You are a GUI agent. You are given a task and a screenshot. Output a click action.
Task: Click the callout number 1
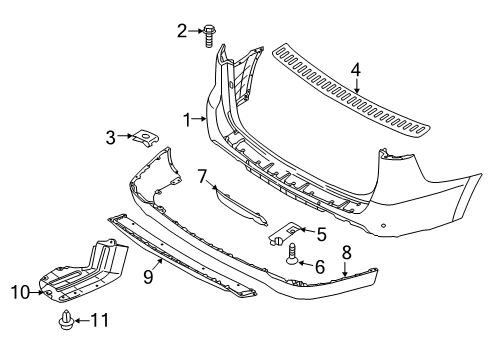(x=188, y=120)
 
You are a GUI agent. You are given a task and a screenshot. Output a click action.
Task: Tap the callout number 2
(x=182, y=31)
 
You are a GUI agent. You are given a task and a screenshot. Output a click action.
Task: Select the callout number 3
(x=111, y=137)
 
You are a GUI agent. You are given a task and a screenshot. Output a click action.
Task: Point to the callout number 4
(x=356, y=70)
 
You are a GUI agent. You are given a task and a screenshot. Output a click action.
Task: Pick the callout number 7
(x=203, y=176)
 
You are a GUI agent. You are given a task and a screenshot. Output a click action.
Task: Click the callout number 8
(x=347, y=252)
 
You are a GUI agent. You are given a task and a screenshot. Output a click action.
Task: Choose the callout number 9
(x=148, y=276)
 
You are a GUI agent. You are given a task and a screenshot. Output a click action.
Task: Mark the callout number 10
(x=21, y=292)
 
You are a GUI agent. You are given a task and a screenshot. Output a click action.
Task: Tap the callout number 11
(x=100, y=320)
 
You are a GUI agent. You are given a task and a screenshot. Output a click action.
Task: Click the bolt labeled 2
(x=209, y=35)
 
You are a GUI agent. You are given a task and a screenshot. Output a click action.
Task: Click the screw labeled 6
(x=292, y=253)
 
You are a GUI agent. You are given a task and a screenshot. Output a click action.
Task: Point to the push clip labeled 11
(x=66, y=319)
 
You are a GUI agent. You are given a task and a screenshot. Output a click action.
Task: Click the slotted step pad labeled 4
(x=350, y=91)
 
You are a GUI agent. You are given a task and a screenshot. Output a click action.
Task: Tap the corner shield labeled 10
(x=83, y=273)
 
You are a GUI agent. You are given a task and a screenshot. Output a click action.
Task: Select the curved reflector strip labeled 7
(x=241, y=206)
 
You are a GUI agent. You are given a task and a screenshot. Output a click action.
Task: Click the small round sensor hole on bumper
(x=384, y=225)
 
